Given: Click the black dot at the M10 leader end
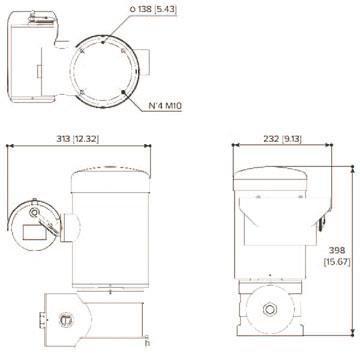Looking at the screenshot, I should tap(124, 89).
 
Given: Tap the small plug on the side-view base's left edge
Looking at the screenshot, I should tap(42, 320).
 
